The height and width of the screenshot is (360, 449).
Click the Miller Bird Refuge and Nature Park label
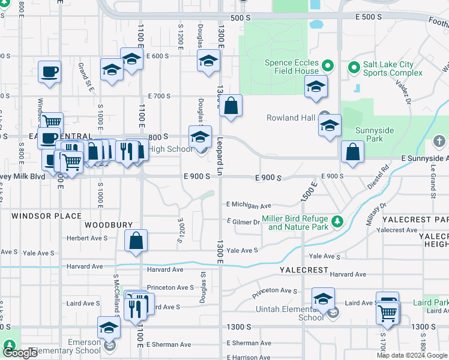pos(298,223)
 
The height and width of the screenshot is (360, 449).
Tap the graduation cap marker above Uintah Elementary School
pos(323,299)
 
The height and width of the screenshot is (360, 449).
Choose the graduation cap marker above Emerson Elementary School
pos(109,328)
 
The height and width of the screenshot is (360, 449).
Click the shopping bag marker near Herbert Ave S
pos(136,241)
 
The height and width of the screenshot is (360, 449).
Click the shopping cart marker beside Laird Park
pos(388,311)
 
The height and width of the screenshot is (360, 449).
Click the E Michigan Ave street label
pos(249,205)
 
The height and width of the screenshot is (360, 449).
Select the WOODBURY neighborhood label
pos(108,225)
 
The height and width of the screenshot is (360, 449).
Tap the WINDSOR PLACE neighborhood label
pos(46,215)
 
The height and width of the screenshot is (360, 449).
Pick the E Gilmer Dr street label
pos(243,222)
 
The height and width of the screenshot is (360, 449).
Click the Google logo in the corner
pos(20,353)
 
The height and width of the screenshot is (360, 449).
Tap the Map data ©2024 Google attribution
pos(412,355)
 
